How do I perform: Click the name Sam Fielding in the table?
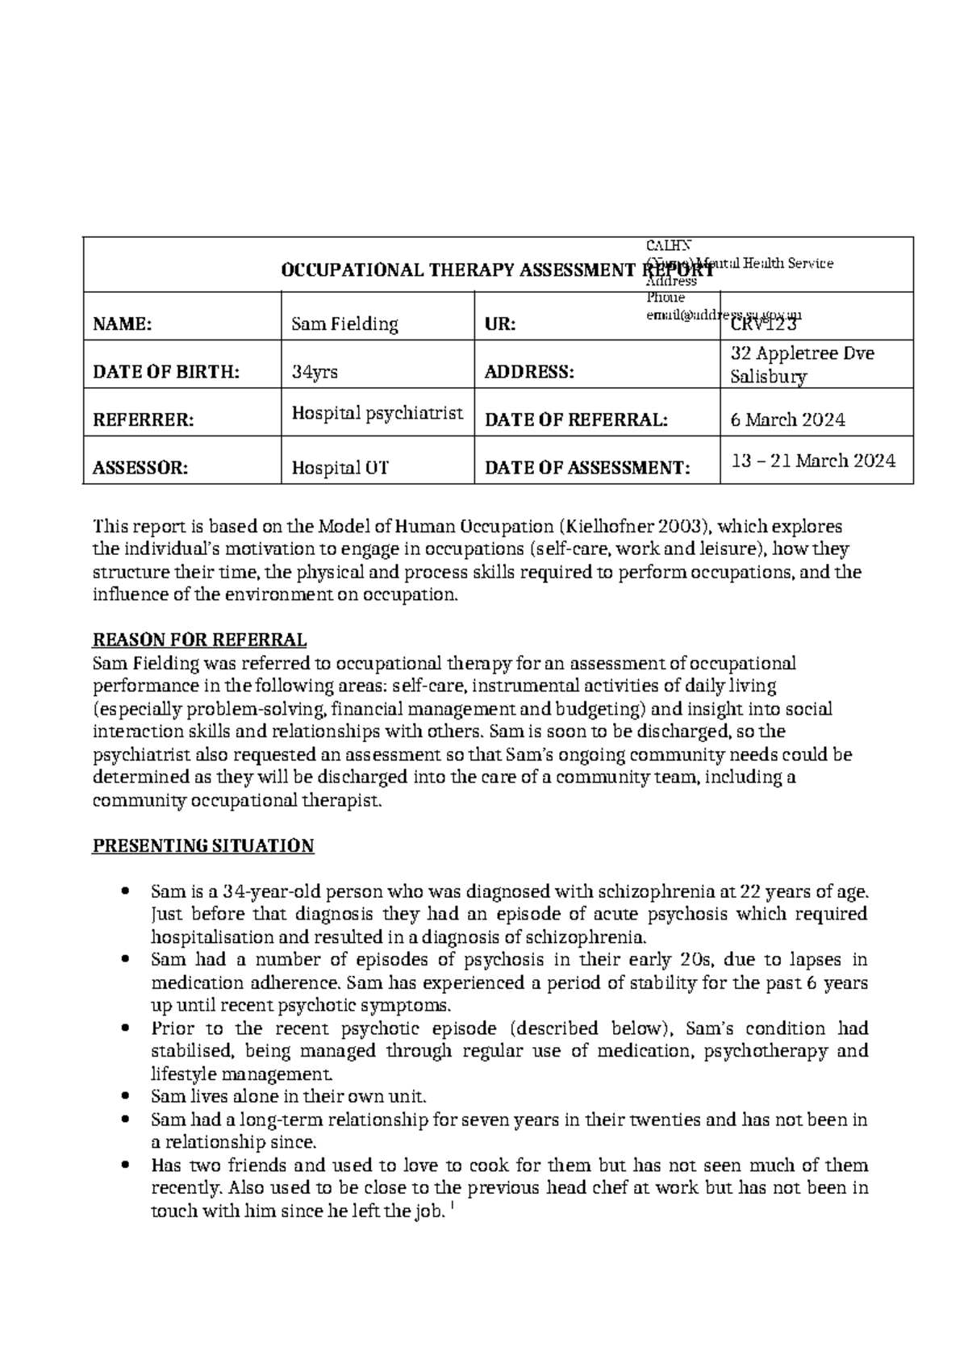coord(344,324)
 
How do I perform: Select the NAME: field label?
coord(122,324)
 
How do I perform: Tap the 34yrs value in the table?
coord(315,372)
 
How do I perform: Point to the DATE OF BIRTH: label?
coord(166,372)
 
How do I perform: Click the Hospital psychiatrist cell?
coord(377,413)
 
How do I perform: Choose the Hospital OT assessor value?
coord(340,468)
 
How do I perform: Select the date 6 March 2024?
coord(787,419)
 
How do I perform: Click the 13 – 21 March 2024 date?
coord(813,461)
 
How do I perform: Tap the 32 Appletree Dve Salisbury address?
coord(802,365)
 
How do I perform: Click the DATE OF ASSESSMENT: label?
coord(587,468)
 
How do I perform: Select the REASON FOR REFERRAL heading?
coord(200,640)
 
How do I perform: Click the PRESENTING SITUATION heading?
coord(203,846)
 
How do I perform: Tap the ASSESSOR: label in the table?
coord(140,468)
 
